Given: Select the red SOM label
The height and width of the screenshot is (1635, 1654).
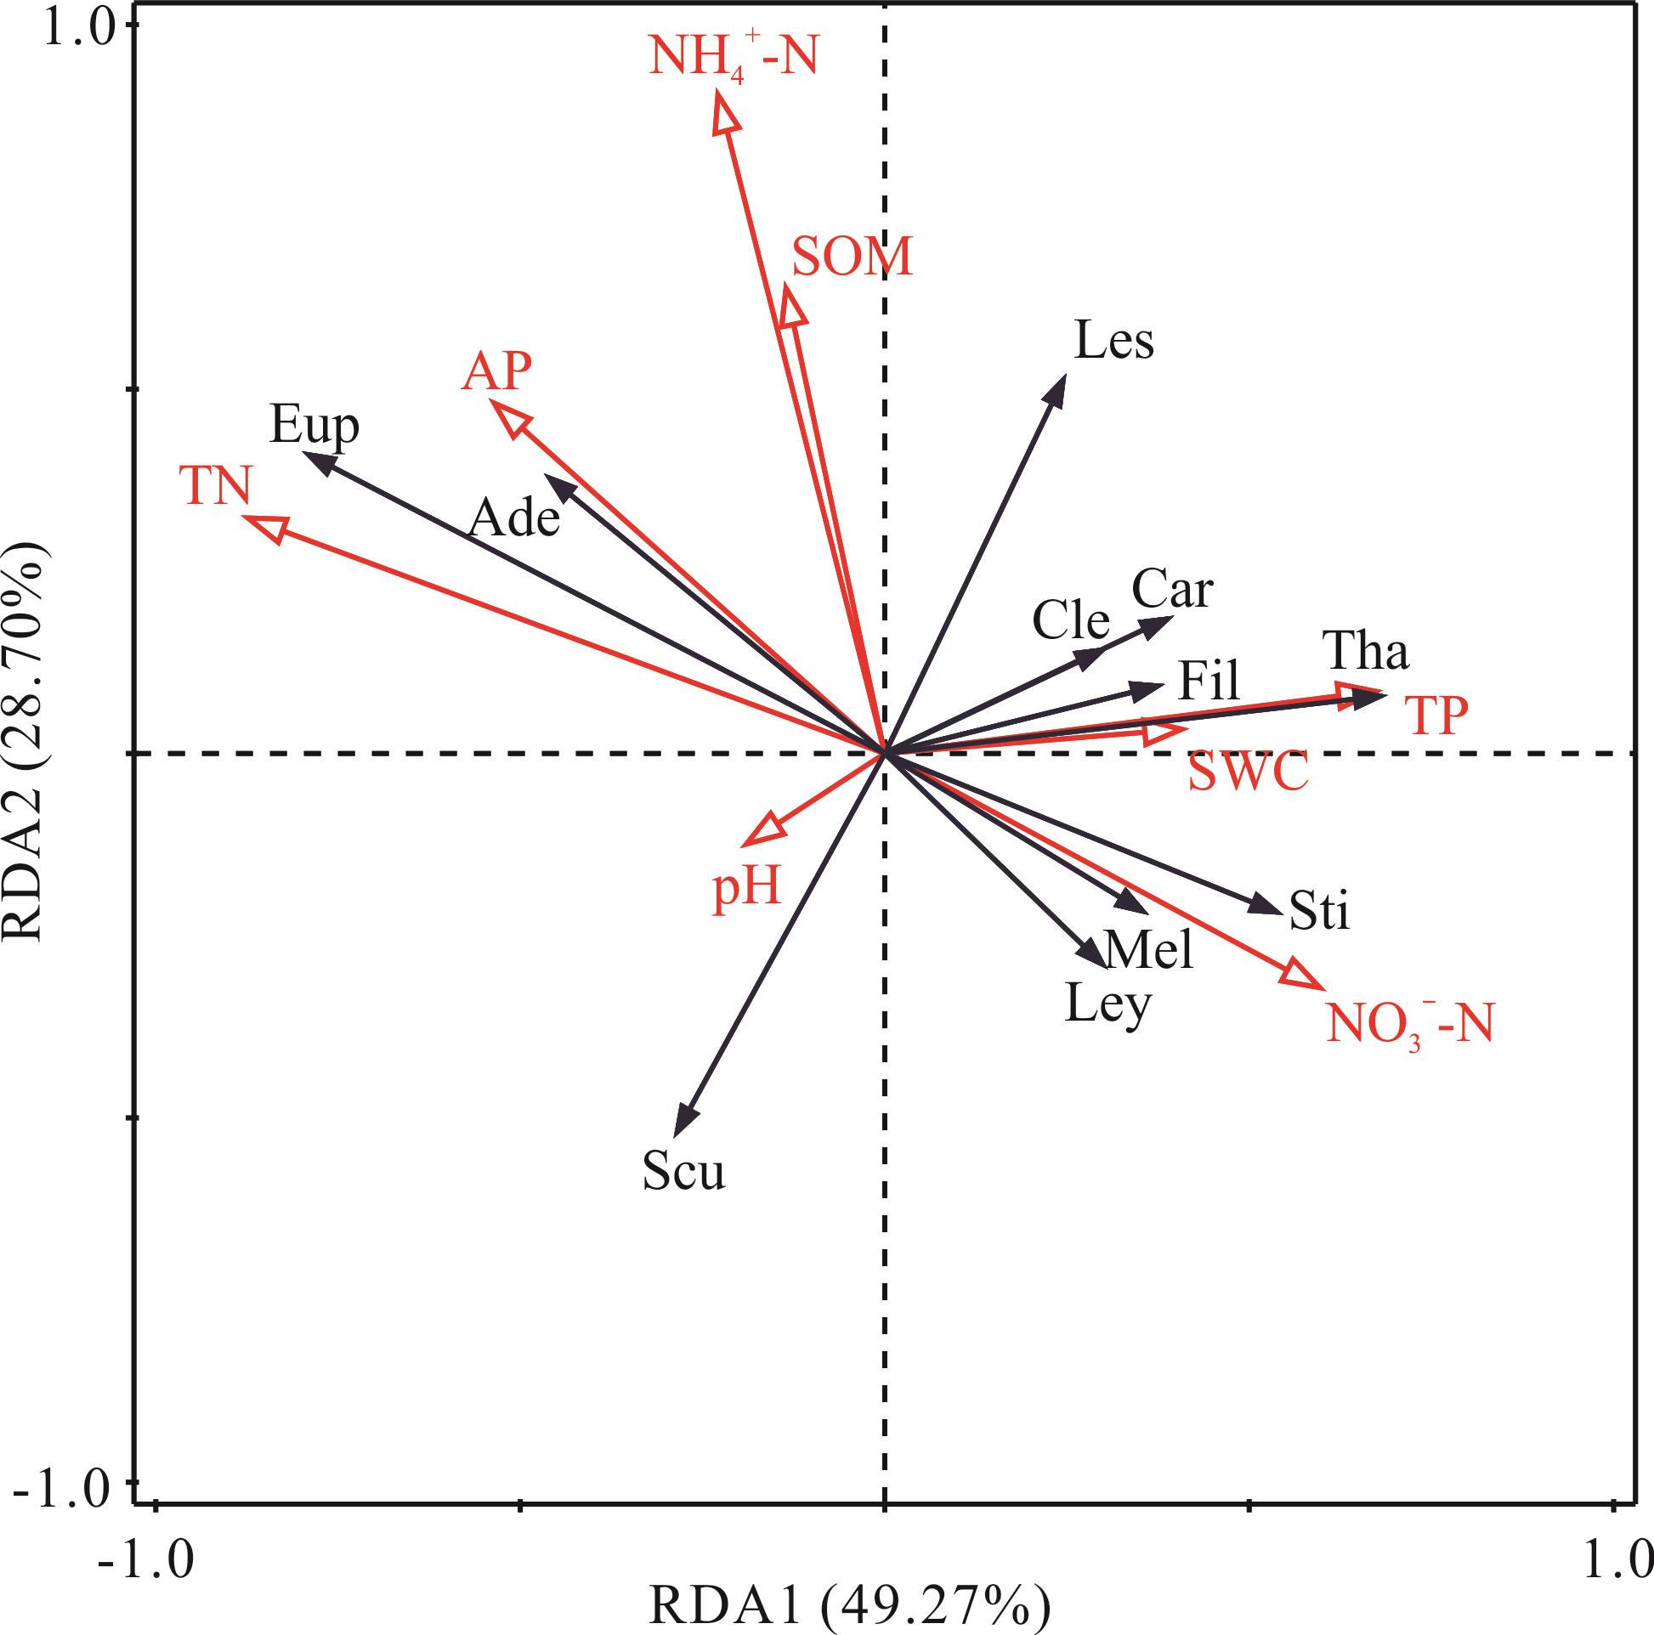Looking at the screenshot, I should coord(852,257).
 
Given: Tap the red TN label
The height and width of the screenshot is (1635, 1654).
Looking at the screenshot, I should coord(215,485).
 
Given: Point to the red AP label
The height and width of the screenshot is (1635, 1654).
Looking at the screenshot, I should coord(496,371).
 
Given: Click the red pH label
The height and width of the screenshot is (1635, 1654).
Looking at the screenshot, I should coord(747,889).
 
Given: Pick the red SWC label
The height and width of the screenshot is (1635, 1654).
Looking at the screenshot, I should coord(1248,772).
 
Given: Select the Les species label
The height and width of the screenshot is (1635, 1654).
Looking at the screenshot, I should coord(1113,341).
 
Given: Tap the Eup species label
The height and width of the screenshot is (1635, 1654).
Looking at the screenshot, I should coord(314,426).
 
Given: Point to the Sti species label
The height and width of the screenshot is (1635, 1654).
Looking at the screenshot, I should coord(1319,911).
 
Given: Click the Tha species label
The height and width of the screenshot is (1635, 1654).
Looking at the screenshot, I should coord(1365,652).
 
